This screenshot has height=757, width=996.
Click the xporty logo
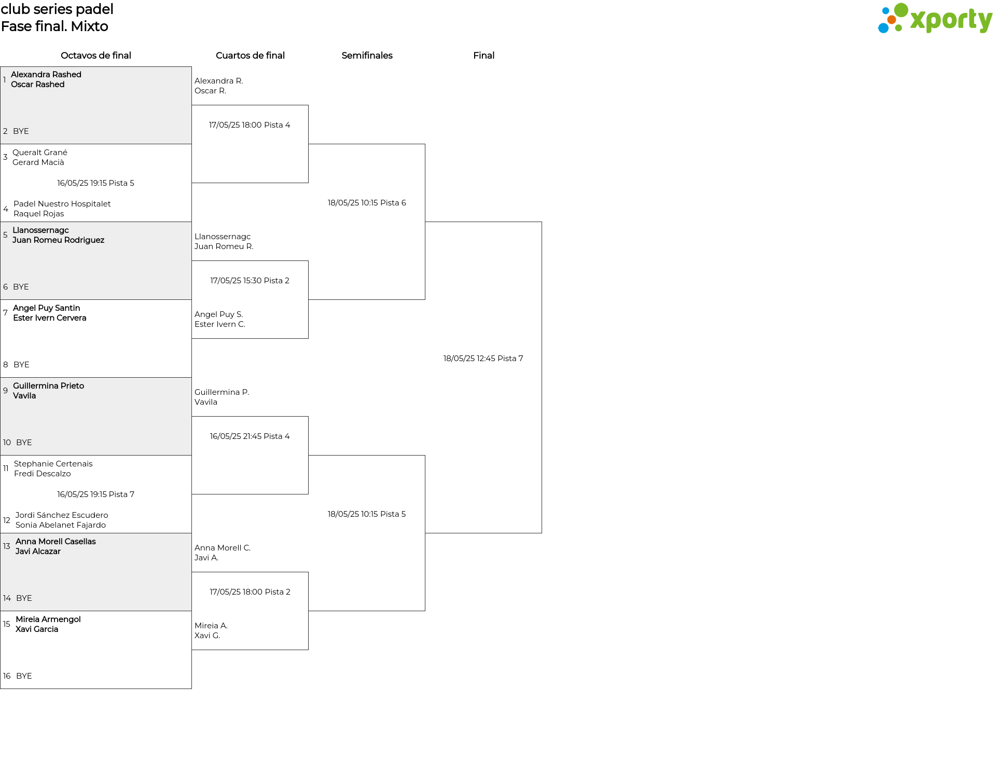[x=935, y=19]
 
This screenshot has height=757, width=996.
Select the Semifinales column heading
[x=367, y=56]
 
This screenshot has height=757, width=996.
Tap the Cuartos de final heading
[x=250, y=56]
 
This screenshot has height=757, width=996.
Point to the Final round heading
[x=483, y=56]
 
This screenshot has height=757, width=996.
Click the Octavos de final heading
[x=96, y=56]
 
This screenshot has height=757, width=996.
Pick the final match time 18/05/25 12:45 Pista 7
[x=483, y=359]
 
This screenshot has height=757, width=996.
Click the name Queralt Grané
[x=40, y=153]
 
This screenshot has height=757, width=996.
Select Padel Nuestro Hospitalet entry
[x=62, y=204]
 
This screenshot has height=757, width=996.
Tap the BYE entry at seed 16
[x=24, y=676]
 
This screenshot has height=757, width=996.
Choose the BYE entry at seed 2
[x=21, y=131]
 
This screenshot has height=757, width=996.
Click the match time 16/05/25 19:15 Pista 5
[x=95, y=183]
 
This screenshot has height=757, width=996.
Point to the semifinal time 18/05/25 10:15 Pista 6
[x=367, y=203]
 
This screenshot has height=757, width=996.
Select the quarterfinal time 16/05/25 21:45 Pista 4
[x=250, y=436]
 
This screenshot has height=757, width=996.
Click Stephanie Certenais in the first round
[x=53, y=464]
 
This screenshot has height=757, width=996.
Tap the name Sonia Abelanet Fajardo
[x=61, y=525]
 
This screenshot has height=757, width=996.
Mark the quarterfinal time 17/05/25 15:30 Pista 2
[x=250, y=281]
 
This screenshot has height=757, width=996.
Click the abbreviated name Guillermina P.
[x=222, y=392]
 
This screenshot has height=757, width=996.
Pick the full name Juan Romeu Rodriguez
[x=58, y=240]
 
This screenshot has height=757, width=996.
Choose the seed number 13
[x=7, y=546]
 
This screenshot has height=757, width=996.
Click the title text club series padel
[x=57, y=9]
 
